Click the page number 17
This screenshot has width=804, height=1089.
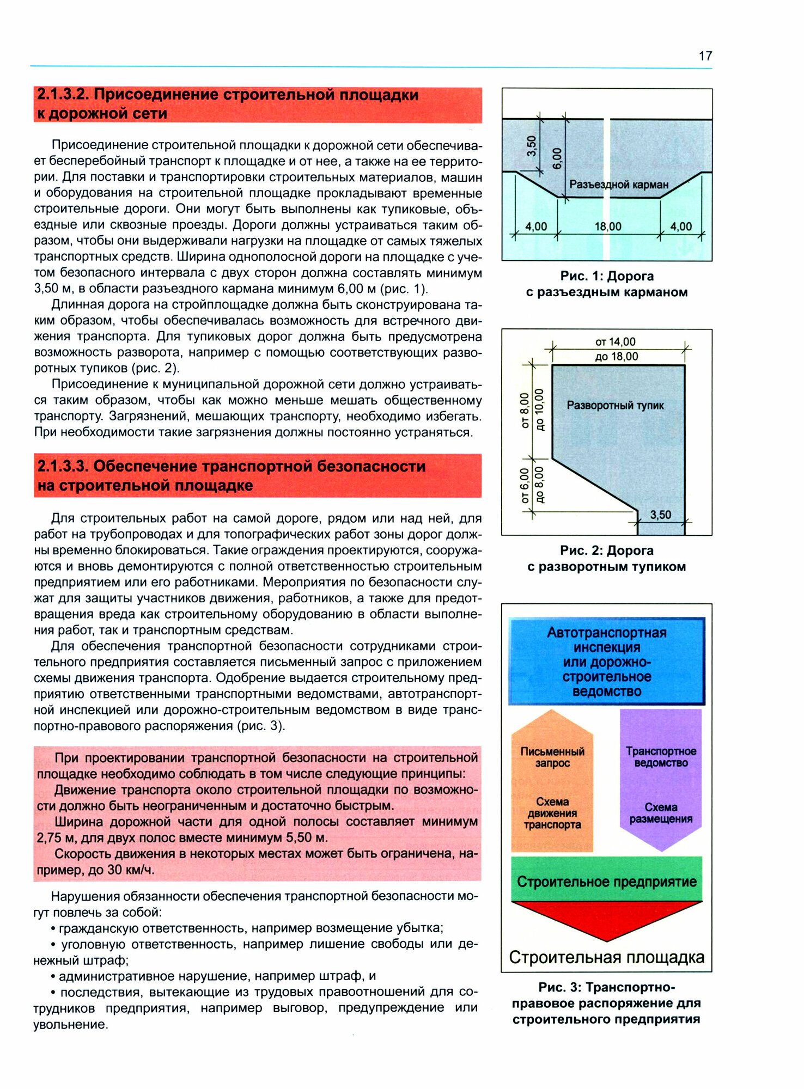(x=705, y=56)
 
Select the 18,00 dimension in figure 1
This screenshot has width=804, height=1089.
(x=608, y=227)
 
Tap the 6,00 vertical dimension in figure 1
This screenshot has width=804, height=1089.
(x=557, y=158)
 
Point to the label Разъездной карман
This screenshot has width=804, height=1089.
(x=619, y=185)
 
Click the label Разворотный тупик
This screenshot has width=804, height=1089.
(x=615, y=406)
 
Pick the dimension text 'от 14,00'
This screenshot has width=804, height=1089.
(x=615, y=342)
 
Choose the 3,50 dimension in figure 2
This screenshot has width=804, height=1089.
(x=660, y=515)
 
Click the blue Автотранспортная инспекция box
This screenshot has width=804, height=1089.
(x=606, y=662)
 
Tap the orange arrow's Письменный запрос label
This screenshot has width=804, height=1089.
(x=552, y=757)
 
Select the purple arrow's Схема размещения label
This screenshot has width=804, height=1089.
(x=661, y=813)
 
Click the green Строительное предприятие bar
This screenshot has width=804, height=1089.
(x=606, y=882)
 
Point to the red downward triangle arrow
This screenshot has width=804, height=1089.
(x=606, y=918)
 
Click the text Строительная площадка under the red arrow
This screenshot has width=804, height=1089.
(x=606, y=957)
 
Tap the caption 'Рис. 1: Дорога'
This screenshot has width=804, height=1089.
(x=606, y=276)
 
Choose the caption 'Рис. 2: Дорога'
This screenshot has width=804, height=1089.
(x=606, y=550)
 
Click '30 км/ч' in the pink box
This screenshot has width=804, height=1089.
(x=131, y=870)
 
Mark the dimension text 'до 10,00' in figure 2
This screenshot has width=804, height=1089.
(x=539, y=409)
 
